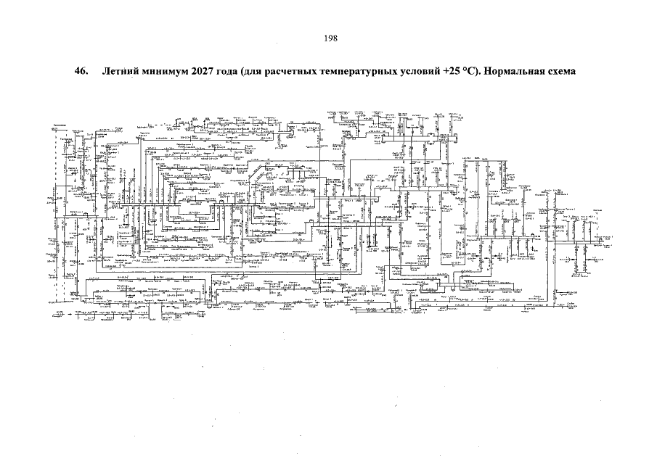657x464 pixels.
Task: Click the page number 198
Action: [328, 38]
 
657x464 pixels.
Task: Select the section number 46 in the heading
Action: [80, 72]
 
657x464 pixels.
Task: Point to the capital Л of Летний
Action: [107, 72]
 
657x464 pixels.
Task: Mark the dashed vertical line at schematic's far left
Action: [56, 217]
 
